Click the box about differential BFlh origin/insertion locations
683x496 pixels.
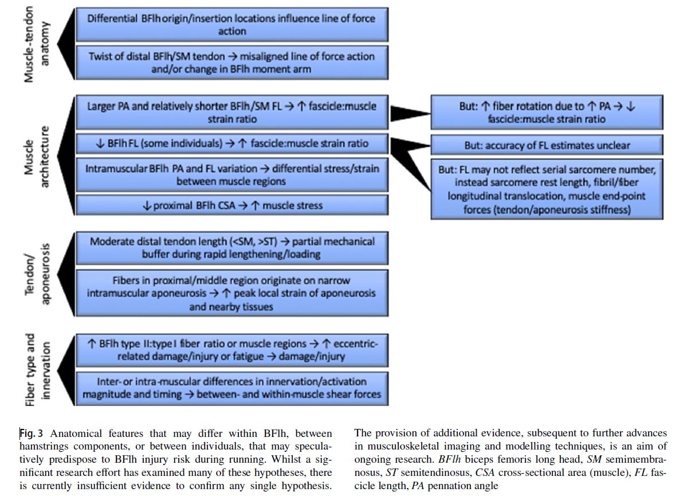[x=231, y=24]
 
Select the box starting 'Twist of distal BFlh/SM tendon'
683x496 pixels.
[x=231, y=63]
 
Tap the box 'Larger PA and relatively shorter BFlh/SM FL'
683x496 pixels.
[x=231, y=112]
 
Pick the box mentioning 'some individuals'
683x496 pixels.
[x=231, y=143]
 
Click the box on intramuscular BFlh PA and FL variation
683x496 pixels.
[x=231, y=175]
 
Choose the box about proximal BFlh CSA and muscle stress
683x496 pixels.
[x=231, y=205]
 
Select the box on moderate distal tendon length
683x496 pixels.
[x=231, y=247]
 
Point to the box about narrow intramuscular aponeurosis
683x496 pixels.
[x=231, y=293]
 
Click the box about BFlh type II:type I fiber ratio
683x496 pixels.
[x=231, y=350]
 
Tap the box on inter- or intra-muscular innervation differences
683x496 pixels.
[x=231, y=388]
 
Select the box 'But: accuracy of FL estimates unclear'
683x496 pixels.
[x=547, y=145]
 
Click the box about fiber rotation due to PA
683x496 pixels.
[x=547, y=112]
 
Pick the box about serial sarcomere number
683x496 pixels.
[x=547, y=189]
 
